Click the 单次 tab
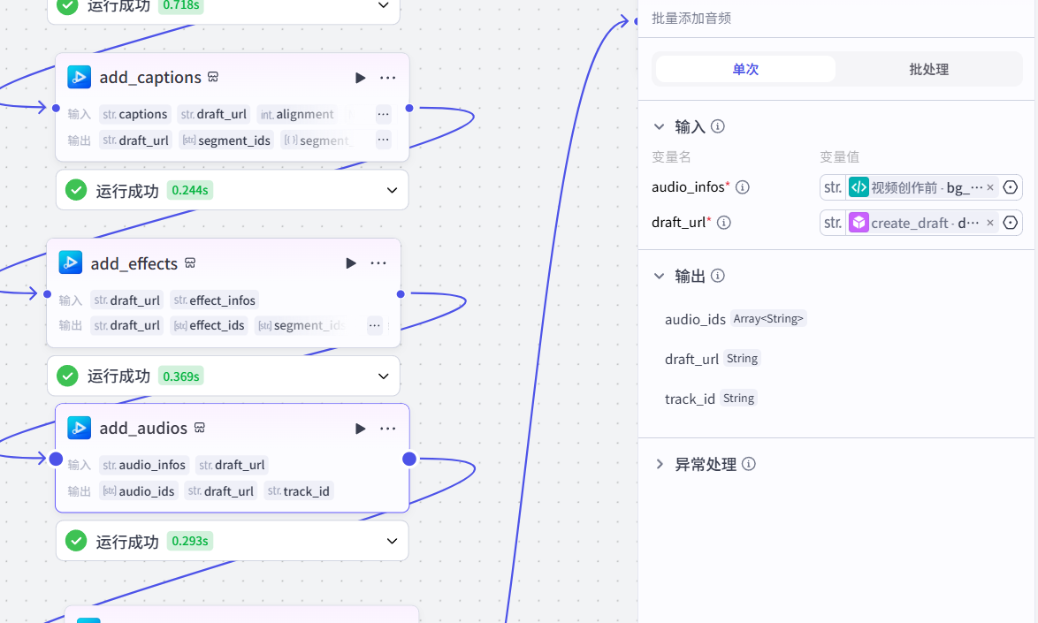pyautogui.click(x=745, y=69)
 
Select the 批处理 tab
pyautogui.click(x=928, y=69)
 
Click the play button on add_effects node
pyautogui.click(x=351, y=263)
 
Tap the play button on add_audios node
pyautogui.click(x=360, y=429)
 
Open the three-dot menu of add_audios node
pyautogui.click(x=387, y=429)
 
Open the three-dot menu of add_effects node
pyautogui.click(x=378, y=263)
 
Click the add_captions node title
pyautogui.click(x=150, y=78)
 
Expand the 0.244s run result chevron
pyautogui.click(x=393, y=190)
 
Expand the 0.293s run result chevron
pyautogui.click(x=393, y=541)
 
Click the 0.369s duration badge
pyautogui.click(x=180, y=376)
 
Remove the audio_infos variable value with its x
pyautogui.click(x=990, y=187)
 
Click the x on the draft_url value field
pyautogui.click(x=990, y=223)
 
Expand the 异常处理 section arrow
pyautogui.click(x=660, y=464)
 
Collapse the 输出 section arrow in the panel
pyautogui.click(x=659, y=277)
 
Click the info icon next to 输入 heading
pyautogui.click(x=718, y=126)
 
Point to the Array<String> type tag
pyautogui.click(x=768, y=319)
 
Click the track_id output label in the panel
pyautogui.click(x=690, y=399)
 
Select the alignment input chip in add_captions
pyautogui.click(x=297, y=114)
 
